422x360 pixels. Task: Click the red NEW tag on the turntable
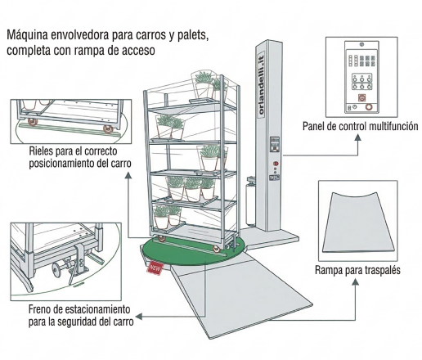(155, 268)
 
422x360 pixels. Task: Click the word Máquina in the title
(27, 35)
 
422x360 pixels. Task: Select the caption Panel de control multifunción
(360, 126)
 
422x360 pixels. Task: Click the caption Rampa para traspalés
(357, 270)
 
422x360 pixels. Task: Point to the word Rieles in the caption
(41, 151)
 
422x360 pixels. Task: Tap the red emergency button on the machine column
(276, 164)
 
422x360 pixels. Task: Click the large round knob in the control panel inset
(369, 107)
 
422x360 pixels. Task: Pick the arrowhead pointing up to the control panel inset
(358, 137)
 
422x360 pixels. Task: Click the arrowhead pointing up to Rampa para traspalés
(355, 281)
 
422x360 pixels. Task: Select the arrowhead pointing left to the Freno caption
(139, 317)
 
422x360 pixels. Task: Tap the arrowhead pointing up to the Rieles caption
(128, 175)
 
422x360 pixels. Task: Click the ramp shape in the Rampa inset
(357, 223)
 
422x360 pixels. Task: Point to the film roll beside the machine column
(250, 202)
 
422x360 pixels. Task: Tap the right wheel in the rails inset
(108, 130)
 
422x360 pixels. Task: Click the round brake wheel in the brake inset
(56, 270)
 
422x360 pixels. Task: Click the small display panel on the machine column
(275, 144)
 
